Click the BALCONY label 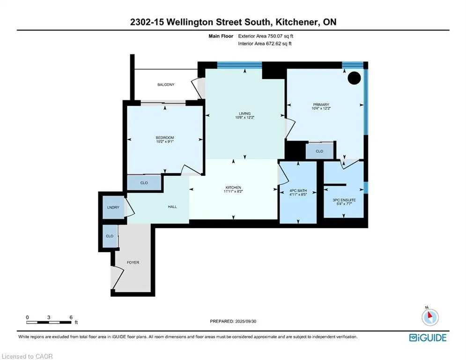(x=165, y=84)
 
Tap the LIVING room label (x=244, y=113)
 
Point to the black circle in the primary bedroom (x=354, y=78)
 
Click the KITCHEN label (x=233, y=188)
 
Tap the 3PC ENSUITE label (x=344, y=200)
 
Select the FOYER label (x=133, y=262)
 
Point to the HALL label (x=172, y=207)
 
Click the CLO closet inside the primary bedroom (x=319, y=151)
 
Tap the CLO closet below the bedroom (x=144, y=183)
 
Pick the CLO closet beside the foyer (x=110, y=236)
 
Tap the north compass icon (x=429, y=317)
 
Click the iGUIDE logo (x=428, y=337)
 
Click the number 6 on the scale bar (x=71, y=317)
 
